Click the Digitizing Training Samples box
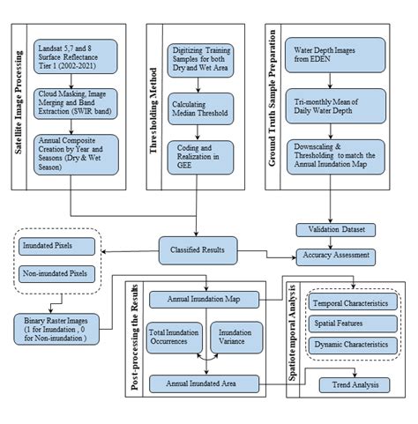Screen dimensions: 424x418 pos(202,58)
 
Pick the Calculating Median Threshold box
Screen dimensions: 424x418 pos(202,107)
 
